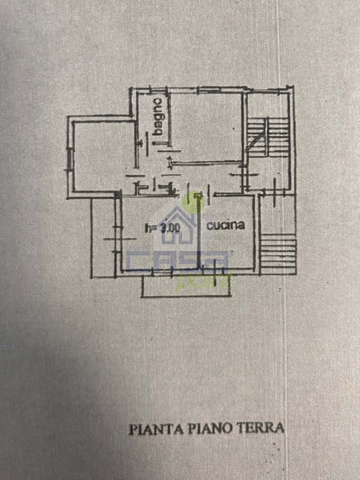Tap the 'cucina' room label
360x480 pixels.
point(226,225)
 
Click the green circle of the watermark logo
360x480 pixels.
point(193,202)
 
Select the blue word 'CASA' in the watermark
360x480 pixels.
point(178,260)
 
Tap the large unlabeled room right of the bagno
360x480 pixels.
point(207,127)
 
